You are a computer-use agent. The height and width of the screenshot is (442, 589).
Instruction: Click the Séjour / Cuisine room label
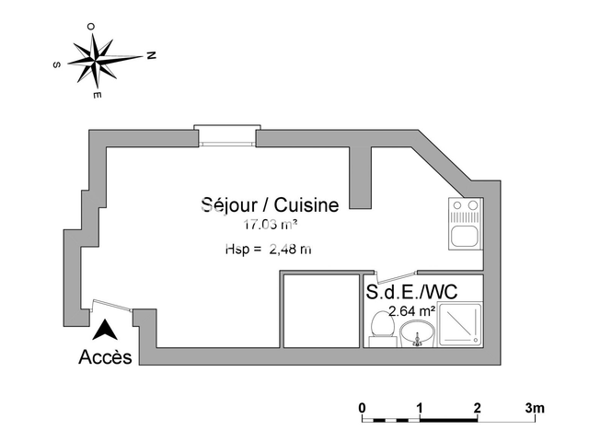[270, 205]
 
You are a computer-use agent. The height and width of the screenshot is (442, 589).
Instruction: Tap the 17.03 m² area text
[270, 225]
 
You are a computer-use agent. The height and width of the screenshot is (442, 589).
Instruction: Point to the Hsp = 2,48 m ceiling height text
[268, 249]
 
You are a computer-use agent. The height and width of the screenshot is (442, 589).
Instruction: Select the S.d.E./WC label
[411, 293]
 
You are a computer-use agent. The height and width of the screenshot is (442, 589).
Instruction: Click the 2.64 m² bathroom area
[412, 311]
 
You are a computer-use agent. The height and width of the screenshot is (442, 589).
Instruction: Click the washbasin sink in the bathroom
[416, 337]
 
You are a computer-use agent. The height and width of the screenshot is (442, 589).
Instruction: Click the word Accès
[106, 356]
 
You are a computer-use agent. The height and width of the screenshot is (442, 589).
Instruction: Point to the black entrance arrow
[106, 329]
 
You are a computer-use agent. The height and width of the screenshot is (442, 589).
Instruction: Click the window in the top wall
[225, 135]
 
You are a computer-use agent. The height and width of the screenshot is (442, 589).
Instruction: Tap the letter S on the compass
[57, 64]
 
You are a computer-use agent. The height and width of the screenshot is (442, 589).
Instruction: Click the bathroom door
[398, 276]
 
